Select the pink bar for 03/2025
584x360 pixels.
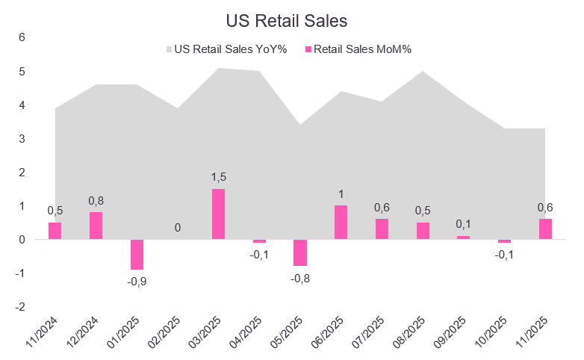(x=218, y=214)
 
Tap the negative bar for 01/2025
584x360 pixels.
(x=137, y=254)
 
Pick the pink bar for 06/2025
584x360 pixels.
(x=341, y=222)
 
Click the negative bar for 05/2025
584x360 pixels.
(x=300, y=252)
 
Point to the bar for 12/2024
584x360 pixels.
(x=96, y=226)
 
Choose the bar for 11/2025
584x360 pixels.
(x=545, y=229)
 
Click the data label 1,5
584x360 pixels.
(x=218, y=176)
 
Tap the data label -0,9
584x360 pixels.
(x=137, y=282)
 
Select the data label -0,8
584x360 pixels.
(x=300, y=279)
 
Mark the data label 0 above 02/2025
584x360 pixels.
(x=178, y=227)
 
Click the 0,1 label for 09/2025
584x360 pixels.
(x=464, y=223)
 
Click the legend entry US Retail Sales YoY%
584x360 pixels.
(x=225, y=49)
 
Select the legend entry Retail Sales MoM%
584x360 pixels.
(x=363, y=49)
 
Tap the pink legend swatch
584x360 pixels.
(x=308, y=50)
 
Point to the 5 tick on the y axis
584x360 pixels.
(x=22, y=72)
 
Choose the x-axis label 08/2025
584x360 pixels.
(x=416, y=333)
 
